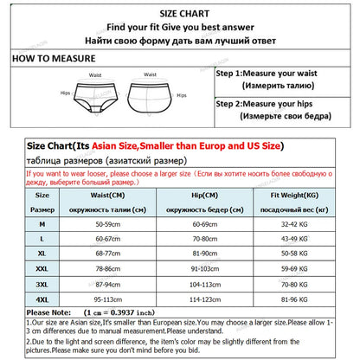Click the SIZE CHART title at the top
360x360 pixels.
tap(181, 13)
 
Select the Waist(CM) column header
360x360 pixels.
tap(109, 197)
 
